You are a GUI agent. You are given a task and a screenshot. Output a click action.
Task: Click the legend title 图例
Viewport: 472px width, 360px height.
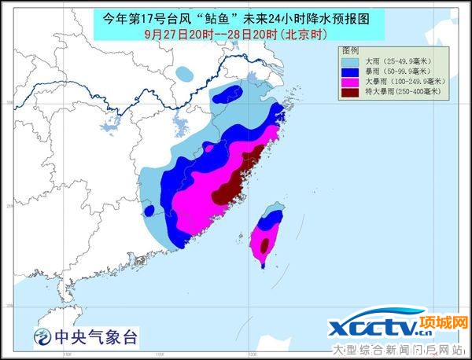348,50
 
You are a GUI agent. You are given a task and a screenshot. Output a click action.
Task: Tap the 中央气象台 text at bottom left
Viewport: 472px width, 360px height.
95,338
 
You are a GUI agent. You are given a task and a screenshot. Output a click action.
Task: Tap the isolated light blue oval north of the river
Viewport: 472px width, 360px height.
185,75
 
